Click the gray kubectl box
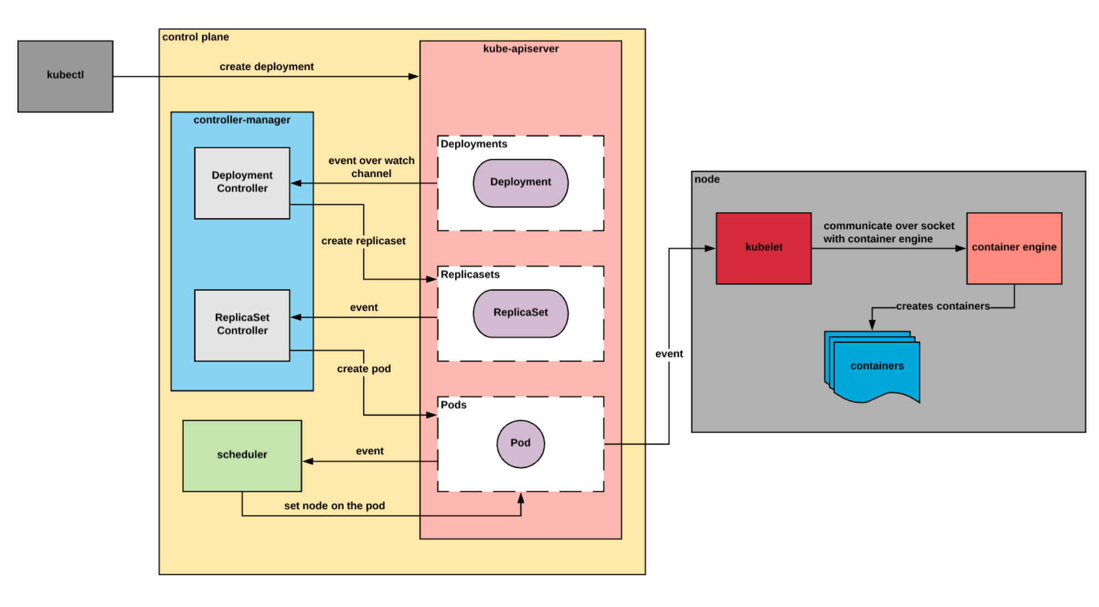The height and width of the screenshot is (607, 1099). [x=65, y=76]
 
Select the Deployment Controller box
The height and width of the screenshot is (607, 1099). [x=242, y=182]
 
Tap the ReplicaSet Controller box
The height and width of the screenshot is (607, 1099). [x=242, y=325]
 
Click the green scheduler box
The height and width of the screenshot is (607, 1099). [x=242, y=455]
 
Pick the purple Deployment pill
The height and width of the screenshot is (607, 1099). [x=520, y=183]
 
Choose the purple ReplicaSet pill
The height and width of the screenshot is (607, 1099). [x=520, y=313]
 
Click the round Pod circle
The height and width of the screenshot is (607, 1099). [x=520, y=443]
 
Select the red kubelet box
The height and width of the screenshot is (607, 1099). [x=763, y=248]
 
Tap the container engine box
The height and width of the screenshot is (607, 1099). [x=1014, y=248]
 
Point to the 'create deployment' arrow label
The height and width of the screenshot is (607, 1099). [x=266, y=66]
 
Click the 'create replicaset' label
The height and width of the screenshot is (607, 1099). [x=363, y=241]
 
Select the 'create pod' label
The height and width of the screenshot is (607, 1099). [x=364, y=369]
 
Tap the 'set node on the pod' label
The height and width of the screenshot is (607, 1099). [x=334, y=506]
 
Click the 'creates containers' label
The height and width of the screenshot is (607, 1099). [x=942, y=306]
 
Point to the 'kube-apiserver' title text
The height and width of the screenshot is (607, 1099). [x=520, y=49]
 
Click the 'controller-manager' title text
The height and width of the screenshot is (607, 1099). [x=242, y=120]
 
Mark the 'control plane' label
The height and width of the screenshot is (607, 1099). [x=195, y=37]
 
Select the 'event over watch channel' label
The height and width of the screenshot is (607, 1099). [x=371, y=167]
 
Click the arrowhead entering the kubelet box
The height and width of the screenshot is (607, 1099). [x=710, y=249]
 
